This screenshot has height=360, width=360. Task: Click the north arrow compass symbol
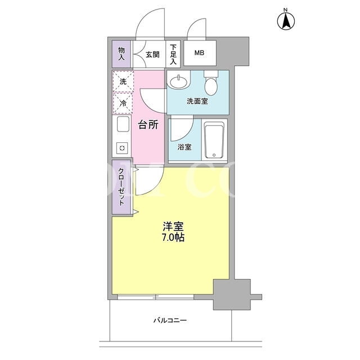click(x=286, y=21)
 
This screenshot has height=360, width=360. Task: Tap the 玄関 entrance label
click(x=152, y=55)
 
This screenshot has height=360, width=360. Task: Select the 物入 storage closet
click(x=121, y=54)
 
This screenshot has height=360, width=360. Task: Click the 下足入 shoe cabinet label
click(x=173, y=55)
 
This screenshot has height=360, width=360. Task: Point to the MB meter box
click(x=200, y=53)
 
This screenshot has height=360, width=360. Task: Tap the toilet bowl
click(x=211, y=86)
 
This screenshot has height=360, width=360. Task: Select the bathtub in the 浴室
click(x=214, y=140)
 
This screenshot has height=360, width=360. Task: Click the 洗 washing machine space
click(x=123, y=81)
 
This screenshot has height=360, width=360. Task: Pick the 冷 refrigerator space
click(x=123, y=103)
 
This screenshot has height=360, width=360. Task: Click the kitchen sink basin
click(x=123, y=124)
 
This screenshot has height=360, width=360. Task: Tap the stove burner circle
click(x=122, y=148)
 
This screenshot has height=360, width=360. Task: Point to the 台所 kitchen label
click(x=148, y=125)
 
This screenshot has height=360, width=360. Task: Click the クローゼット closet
click(x=121, y=187)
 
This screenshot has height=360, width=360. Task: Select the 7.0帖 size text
click(x=173, y=237)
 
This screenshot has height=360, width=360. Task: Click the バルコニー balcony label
click(x=170, y=320)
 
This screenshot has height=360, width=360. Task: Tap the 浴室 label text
click(x=184, y=147)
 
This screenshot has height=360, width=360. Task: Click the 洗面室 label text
click(x=197, y=101)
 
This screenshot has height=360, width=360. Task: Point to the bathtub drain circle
click(x=214, y=155)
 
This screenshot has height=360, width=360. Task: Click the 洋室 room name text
click(x=173, y=226)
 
